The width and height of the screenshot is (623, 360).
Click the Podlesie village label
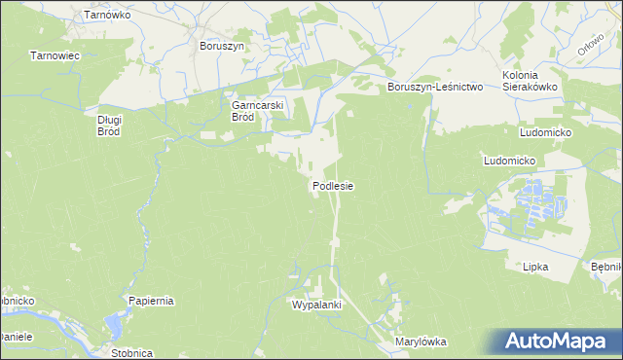tap(332, 185)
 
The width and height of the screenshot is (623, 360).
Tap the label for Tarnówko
tap(107, 16)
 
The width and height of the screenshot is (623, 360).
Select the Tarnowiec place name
tap(55, 56)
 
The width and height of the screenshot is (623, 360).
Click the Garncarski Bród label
tap(256, 111)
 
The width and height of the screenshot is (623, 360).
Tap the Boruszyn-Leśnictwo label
tap(435, 87)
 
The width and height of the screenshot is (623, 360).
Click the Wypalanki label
tap(316, 305)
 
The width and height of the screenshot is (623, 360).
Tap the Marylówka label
tap(420, 342)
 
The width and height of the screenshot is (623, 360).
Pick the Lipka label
tap(535, 266)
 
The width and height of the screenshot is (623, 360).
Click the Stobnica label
tap(130, 353)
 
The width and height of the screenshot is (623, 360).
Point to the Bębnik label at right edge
tap(606, 266)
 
